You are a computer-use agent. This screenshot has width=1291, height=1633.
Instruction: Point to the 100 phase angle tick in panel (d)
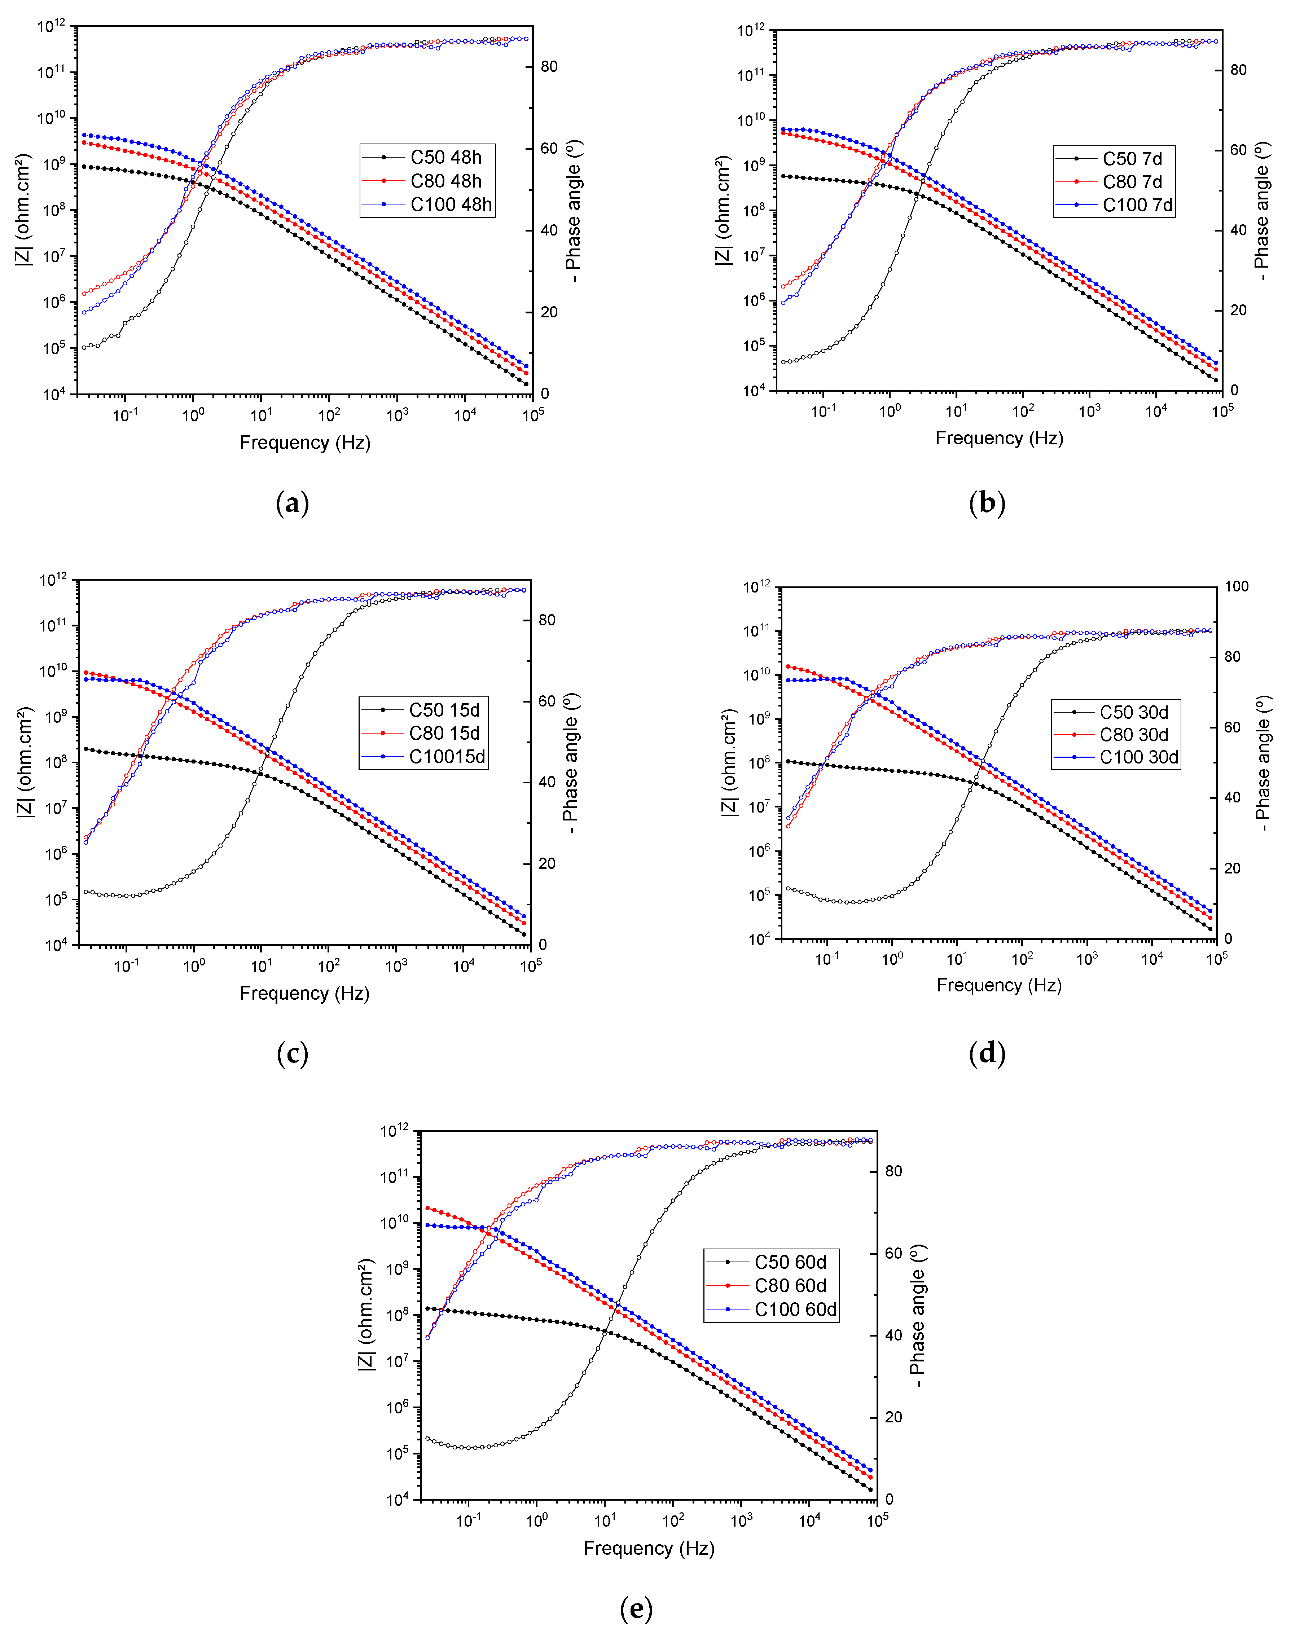[x=1237, y=586]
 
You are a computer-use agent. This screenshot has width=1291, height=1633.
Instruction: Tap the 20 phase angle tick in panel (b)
[x=1238, y=310]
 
